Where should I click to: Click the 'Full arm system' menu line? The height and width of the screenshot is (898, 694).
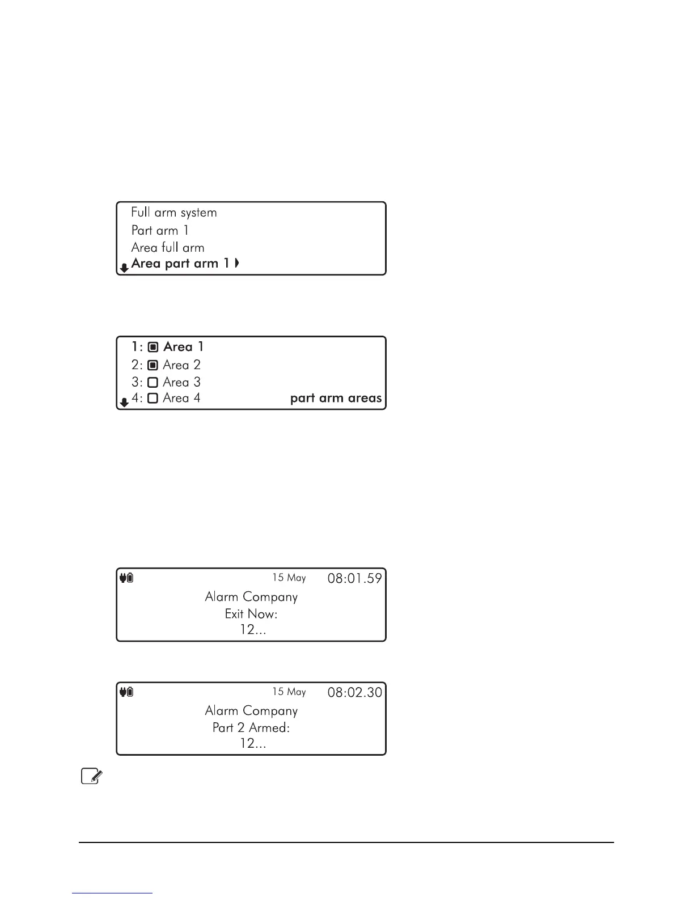[173, 213]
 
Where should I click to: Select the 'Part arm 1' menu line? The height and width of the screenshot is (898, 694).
[160, 230]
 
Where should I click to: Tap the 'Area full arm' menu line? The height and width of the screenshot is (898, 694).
[167, 247]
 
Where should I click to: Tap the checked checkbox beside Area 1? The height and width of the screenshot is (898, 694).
[153, 347]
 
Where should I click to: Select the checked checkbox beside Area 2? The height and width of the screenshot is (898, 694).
[153, 365]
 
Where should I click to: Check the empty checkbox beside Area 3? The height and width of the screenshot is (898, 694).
[153, 382]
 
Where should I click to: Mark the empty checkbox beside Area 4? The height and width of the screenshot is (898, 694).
[153, 398]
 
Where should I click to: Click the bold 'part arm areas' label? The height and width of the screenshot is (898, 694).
[336, 398]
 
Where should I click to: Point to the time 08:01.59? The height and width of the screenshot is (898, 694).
[355, 579]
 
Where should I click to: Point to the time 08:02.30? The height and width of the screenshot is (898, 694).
[355, 692]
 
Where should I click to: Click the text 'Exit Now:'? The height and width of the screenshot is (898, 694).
[251, 614]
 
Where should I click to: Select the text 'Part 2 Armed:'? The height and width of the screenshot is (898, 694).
[251, 727]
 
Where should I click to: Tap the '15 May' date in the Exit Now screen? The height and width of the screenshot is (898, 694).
[289, 578]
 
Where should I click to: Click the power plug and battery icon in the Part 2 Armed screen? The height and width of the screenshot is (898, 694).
[126, 692]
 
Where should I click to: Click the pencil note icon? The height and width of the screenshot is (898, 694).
[91, 776]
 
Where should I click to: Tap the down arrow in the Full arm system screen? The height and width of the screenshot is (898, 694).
[124, 268]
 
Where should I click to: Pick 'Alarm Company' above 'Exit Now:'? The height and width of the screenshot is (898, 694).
[251, 597]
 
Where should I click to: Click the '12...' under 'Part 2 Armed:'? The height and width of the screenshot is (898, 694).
[253, 743]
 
